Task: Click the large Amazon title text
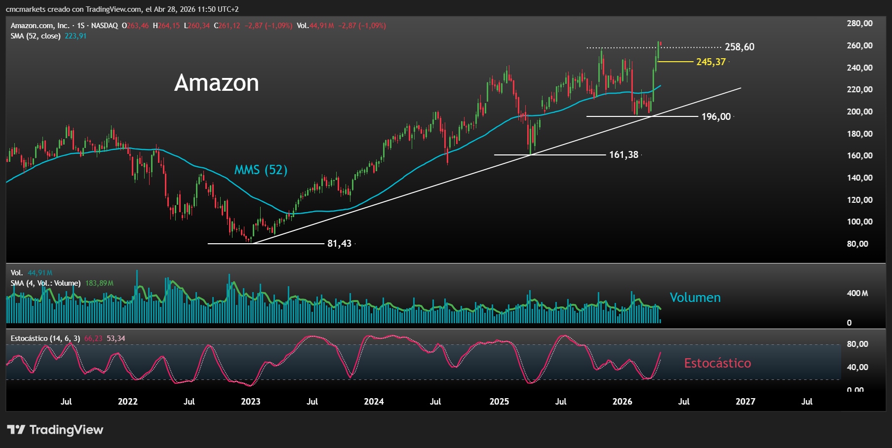(x=216, y=83)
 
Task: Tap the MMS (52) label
(x=260, y=170)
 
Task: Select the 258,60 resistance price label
(x=739, y=47)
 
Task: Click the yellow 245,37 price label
(x=711, y=62)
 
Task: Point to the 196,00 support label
(x=716, y=116)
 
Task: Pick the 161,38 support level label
(x=623, y=154)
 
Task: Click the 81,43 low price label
(x=339, y=243)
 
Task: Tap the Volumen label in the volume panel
(x=695, y=298)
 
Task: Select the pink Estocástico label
(x=717, y=363)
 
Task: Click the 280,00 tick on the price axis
(x=859, y=23)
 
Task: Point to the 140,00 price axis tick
(x=859, y=178)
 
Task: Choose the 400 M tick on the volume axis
(x=857, y=293)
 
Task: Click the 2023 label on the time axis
(x=250, y=401)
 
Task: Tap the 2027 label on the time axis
(x=745, y=401)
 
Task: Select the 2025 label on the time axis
(x=499, y=401)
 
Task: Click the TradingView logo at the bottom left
(x=55, y=430)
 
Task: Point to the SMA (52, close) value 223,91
(x=76, y=36)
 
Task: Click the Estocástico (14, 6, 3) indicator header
(x=45, y=338)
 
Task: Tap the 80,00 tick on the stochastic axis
(x=857, y=344)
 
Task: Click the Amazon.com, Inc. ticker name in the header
(x=39, y=26)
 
